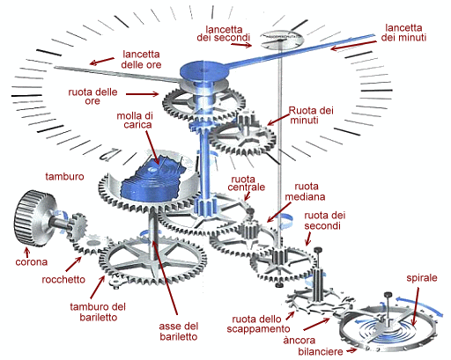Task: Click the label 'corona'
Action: pos(32,262)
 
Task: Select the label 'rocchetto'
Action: pos(63,280)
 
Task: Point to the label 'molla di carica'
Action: pos(135,121)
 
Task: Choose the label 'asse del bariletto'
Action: pos(179,331)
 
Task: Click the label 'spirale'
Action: pos(422,278)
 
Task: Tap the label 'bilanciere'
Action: pos(321,351)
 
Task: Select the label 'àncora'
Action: pos(299,341)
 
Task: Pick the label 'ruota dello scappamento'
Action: pos(258,324)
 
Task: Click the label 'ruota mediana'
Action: pos(305,192)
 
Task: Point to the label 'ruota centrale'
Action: pos(246,183)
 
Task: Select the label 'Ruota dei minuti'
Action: pos(311,115)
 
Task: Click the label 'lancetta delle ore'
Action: pos(141,59)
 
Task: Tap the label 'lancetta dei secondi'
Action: pos(224,33)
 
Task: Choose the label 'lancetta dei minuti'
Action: pos(403,33)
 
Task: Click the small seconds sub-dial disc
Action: pos(283,39)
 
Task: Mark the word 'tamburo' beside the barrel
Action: pos(64,177)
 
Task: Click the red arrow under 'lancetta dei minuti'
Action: pos(353,45)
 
